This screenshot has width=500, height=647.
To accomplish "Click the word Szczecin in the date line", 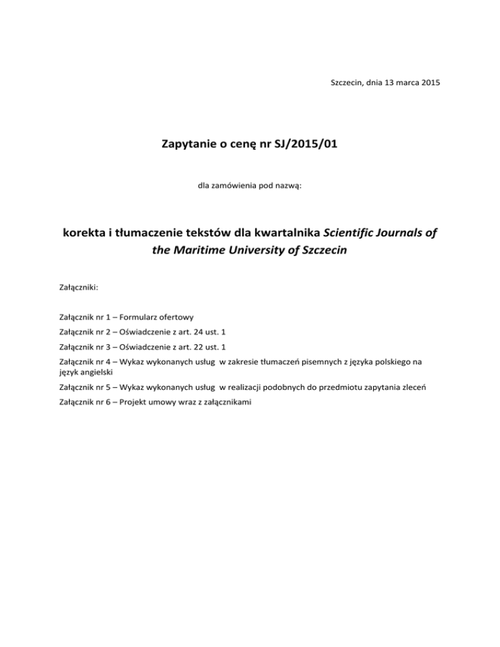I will coord(344,84).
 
